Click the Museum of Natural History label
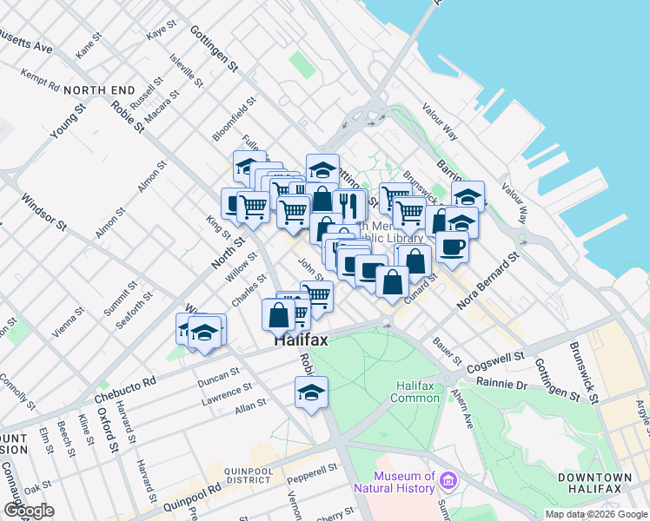(405, 482)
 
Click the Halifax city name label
(302, 340)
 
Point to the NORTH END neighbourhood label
(99, 90)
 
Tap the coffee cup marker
(452, 247)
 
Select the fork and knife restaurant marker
(348, 205)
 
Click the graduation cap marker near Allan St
(311, 392)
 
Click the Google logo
(30, 511)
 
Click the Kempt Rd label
(42, 82)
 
